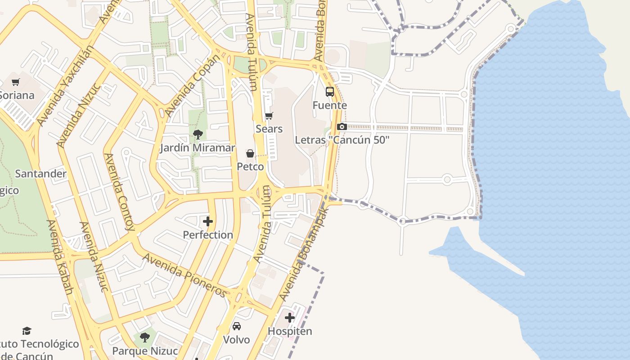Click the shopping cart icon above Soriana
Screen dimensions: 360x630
(16, 82)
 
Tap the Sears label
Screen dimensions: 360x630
(269, 129)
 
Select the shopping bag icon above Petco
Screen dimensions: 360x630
(250, 154)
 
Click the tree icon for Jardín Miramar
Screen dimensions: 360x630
(198, 134)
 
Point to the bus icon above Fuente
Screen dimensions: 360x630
(330, 92)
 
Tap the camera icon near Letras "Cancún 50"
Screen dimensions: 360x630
(342, 127)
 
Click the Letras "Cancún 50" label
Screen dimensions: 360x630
(342, 140)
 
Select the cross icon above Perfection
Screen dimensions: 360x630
(208, 221)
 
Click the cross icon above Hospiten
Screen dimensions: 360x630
(290, 318)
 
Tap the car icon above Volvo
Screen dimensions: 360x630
(237, 326)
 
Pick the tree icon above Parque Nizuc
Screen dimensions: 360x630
(144, 337)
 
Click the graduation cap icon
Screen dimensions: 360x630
(27, 331)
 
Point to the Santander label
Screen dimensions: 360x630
(41, 174)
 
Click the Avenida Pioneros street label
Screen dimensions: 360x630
(185, 275)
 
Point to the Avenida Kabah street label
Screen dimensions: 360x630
(60, 257)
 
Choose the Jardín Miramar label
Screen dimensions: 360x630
(198, 148)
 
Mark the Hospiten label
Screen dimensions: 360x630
(290, 331)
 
